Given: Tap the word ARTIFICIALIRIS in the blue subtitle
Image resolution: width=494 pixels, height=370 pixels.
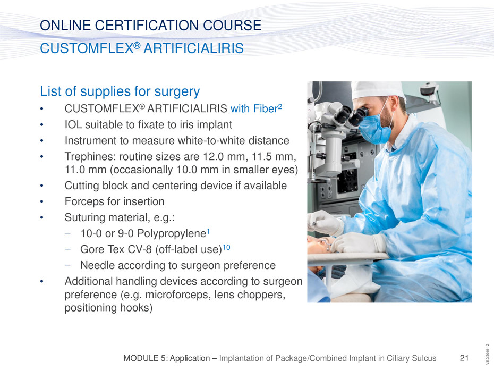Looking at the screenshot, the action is (193, 48).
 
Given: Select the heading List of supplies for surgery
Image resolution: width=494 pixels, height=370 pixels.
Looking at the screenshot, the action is (120, 91).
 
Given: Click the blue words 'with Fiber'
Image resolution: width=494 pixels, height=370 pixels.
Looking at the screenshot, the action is (254, 108).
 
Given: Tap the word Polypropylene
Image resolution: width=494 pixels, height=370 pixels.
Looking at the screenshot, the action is (172, 234).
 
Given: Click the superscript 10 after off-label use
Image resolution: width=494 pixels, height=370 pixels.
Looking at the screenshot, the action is (226, 247).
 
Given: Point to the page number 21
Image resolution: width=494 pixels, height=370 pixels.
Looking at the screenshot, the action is (464, 358).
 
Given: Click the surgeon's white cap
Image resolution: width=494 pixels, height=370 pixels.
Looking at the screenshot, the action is (378, 90).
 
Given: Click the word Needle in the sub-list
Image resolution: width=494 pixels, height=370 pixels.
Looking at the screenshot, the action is (96, 265).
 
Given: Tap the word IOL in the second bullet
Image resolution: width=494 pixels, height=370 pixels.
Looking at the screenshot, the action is (73, 124).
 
